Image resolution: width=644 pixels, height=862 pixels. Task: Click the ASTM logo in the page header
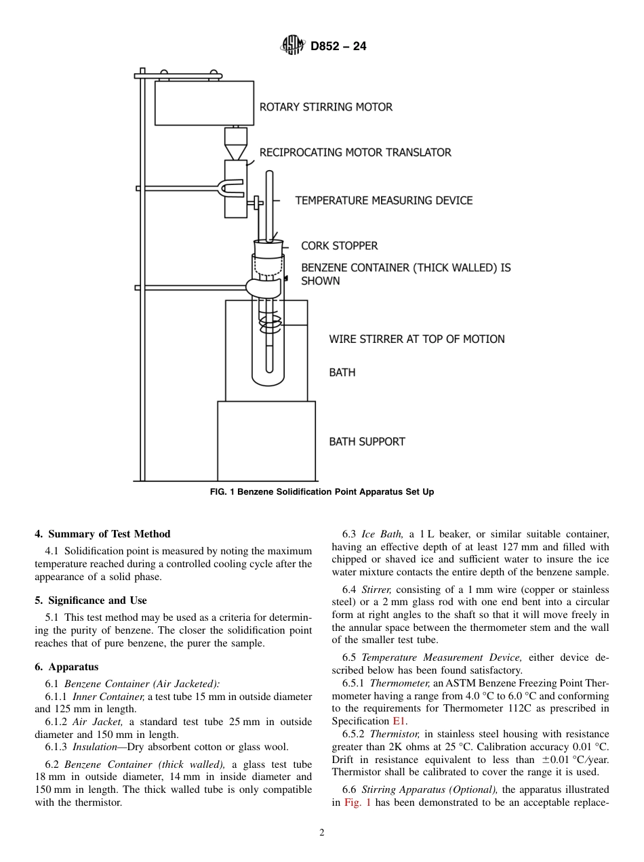click(292, 46)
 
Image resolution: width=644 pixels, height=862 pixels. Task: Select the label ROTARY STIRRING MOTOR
click(326, 107)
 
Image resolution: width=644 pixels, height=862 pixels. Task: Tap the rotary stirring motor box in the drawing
click(204, 103)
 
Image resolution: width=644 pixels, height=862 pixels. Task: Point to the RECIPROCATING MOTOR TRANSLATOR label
click(355, 152)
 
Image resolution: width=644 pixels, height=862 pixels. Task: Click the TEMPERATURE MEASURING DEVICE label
click(384, 201)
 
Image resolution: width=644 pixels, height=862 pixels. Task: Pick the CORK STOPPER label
click(339, 246)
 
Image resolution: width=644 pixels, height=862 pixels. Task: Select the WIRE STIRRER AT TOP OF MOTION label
click(417, 339)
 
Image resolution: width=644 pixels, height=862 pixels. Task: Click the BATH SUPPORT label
click(367, 442)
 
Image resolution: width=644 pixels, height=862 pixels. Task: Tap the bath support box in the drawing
click(266, 440)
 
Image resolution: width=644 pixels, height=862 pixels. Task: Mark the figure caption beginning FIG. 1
click(322, 492)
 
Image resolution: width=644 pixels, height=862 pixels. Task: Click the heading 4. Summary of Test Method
click(102, 534)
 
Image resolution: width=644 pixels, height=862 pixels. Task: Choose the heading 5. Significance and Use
click(91, 600)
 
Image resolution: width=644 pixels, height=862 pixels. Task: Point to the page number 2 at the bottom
click(322, 833)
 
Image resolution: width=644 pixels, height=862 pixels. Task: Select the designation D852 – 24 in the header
click(338, 47)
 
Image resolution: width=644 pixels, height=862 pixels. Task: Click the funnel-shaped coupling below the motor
click(235, 144)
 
